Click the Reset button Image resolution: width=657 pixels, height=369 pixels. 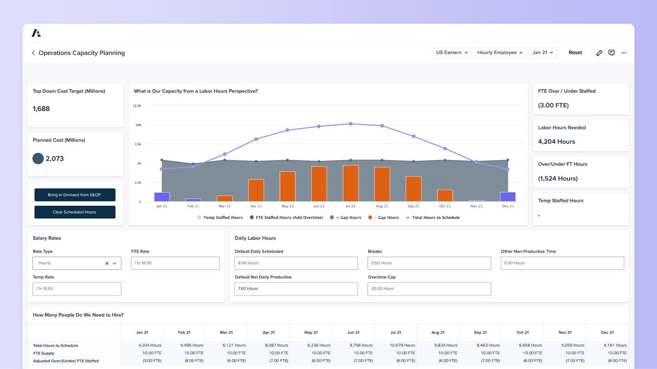[x=575, y=52]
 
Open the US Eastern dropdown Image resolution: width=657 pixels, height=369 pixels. [x=452, y=52]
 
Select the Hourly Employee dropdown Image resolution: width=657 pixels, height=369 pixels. [x=500, y=52]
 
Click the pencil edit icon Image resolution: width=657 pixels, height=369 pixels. [x=599, y=53]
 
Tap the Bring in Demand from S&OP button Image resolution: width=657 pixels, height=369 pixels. [x=74, y=195]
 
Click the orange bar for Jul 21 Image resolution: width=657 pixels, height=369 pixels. [x=351, y=183]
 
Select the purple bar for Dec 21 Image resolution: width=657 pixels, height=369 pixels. [x=508, y=197]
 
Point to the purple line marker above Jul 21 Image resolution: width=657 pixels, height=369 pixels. [x=351, y=124]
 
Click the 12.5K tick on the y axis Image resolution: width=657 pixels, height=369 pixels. [x=137, y=106]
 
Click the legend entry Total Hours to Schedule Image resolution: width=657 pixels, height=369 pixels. [x=435, y=218]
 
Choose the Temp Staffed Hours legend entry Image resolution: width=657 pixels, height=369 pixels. [x=223, y=218]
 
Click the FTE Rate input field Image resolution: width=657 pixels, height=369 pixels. [x=175, y=263]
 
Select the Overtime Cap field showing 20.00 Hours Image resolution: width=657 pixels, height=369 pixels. [x=429, y=289]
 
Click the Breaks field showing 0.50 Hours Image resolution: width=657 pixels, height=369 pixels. [x=429, y=263]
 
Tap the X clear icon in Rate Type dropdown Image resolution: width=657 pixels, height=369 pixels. [x=107, y=264]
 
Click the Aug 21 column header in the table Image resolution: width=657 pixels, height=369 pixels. [x=438, y=333]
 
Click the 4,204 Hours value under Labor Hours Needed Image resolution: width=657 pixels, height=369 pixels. [x=556, y=142]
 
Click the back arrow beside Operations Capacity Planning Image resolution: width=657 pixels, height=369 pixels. [x=33, y=53]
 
